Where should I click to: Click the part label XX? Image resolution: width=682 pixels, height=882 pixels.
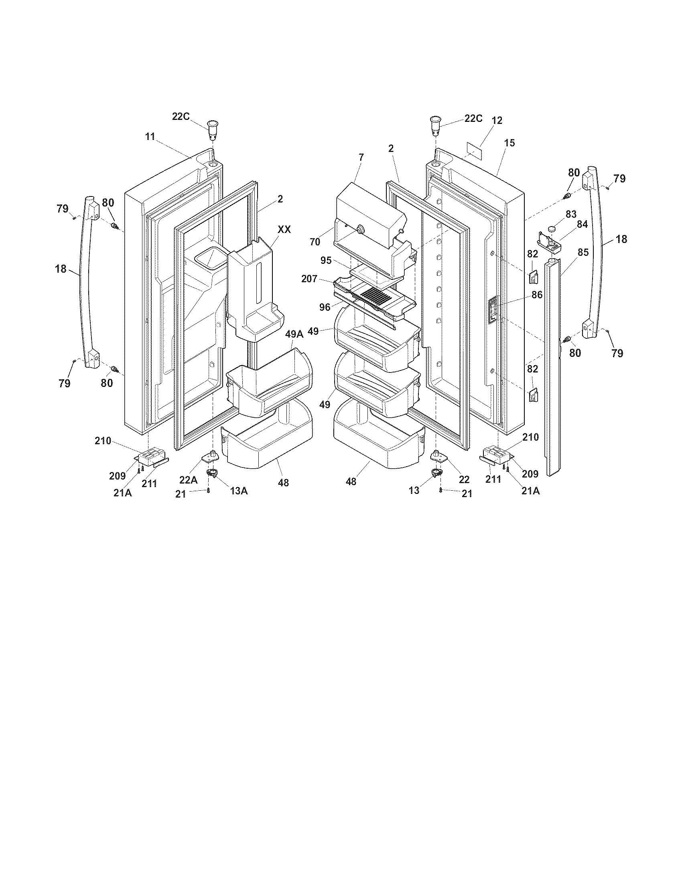point(284,229)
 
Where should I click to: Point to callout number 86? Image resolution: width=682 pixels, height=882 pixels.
point(537,295)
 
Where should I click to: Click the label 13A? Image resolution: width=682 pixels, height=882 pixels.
point(239,490)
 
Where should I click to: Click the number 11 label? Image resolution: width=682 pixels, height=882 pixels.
point(150,136)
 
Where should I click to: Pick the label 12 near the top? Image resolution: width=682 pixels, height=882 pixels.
point(497,120)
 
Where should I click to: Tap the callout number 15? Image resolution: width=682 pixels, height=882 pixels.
point(509,143)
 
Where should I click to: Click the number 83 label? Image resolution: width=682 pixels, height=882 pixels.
point(571,214)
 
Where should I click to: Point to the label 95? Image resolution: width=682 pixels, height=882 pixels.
point(326,261)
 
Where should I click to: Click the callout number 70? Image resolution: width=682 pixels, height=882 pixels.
point(315,242)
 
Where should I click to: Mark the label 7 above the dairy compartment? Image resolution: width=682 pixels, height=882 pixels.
point(361,158)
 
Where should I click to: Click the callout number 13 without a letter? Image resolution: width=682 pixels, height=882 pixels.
point(414,491)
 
